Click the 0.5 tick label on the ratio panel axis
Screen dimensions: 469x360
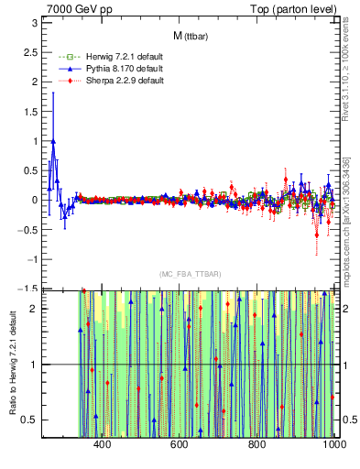point(29,420)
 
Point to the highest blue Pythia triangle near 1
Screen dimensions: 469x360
point(54,141)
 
